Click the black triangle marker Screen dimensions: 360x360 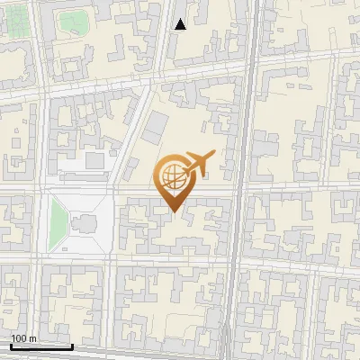pyautogui.click(x=180, y=24)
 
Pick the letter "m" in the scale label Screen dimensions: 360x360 pyautogui.click(x=32, y=338)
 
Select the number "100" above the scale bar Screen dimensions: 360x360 pyautogui.click(x=20, y=338)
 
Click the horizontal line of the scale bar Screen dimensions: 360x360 pyautogui.click(x=41, y=346)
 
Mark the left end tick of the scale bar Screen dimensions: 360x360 pyautogui.click(x=11, y=345)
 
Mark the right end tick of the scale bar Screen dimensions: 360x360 pyautogui.click(x=72, y=345)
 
